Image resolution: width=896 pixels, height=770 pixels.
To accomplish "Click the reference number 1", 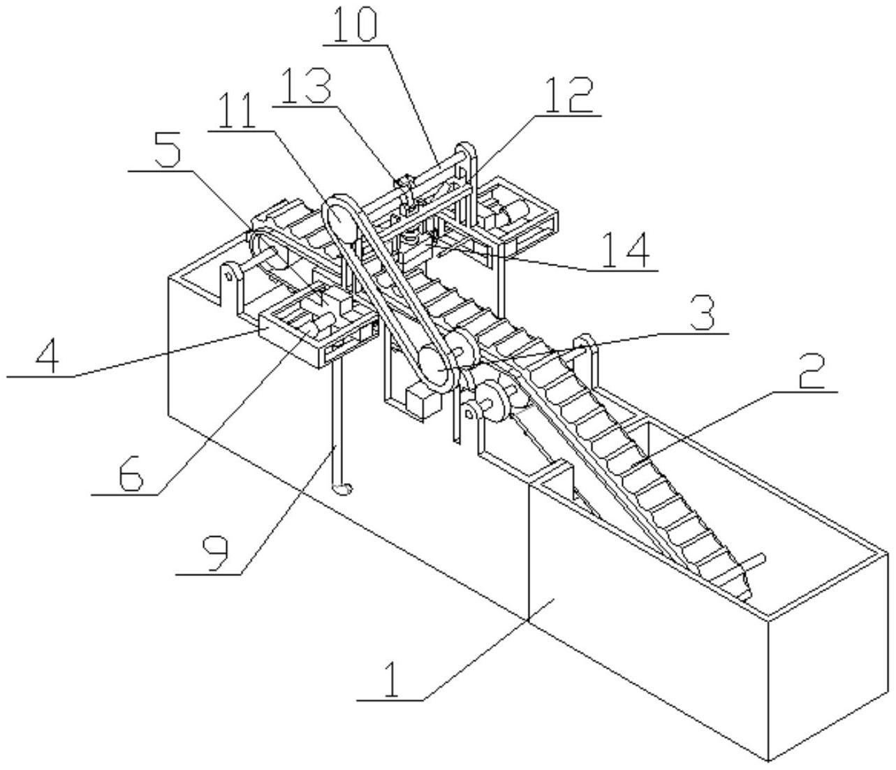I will [392, 678].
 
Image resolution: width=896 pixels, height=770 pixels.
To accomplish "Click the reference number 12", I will [569, 96].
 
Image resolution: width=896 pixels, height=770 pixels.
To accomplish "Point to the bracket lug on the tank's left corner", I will [228, 275].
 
